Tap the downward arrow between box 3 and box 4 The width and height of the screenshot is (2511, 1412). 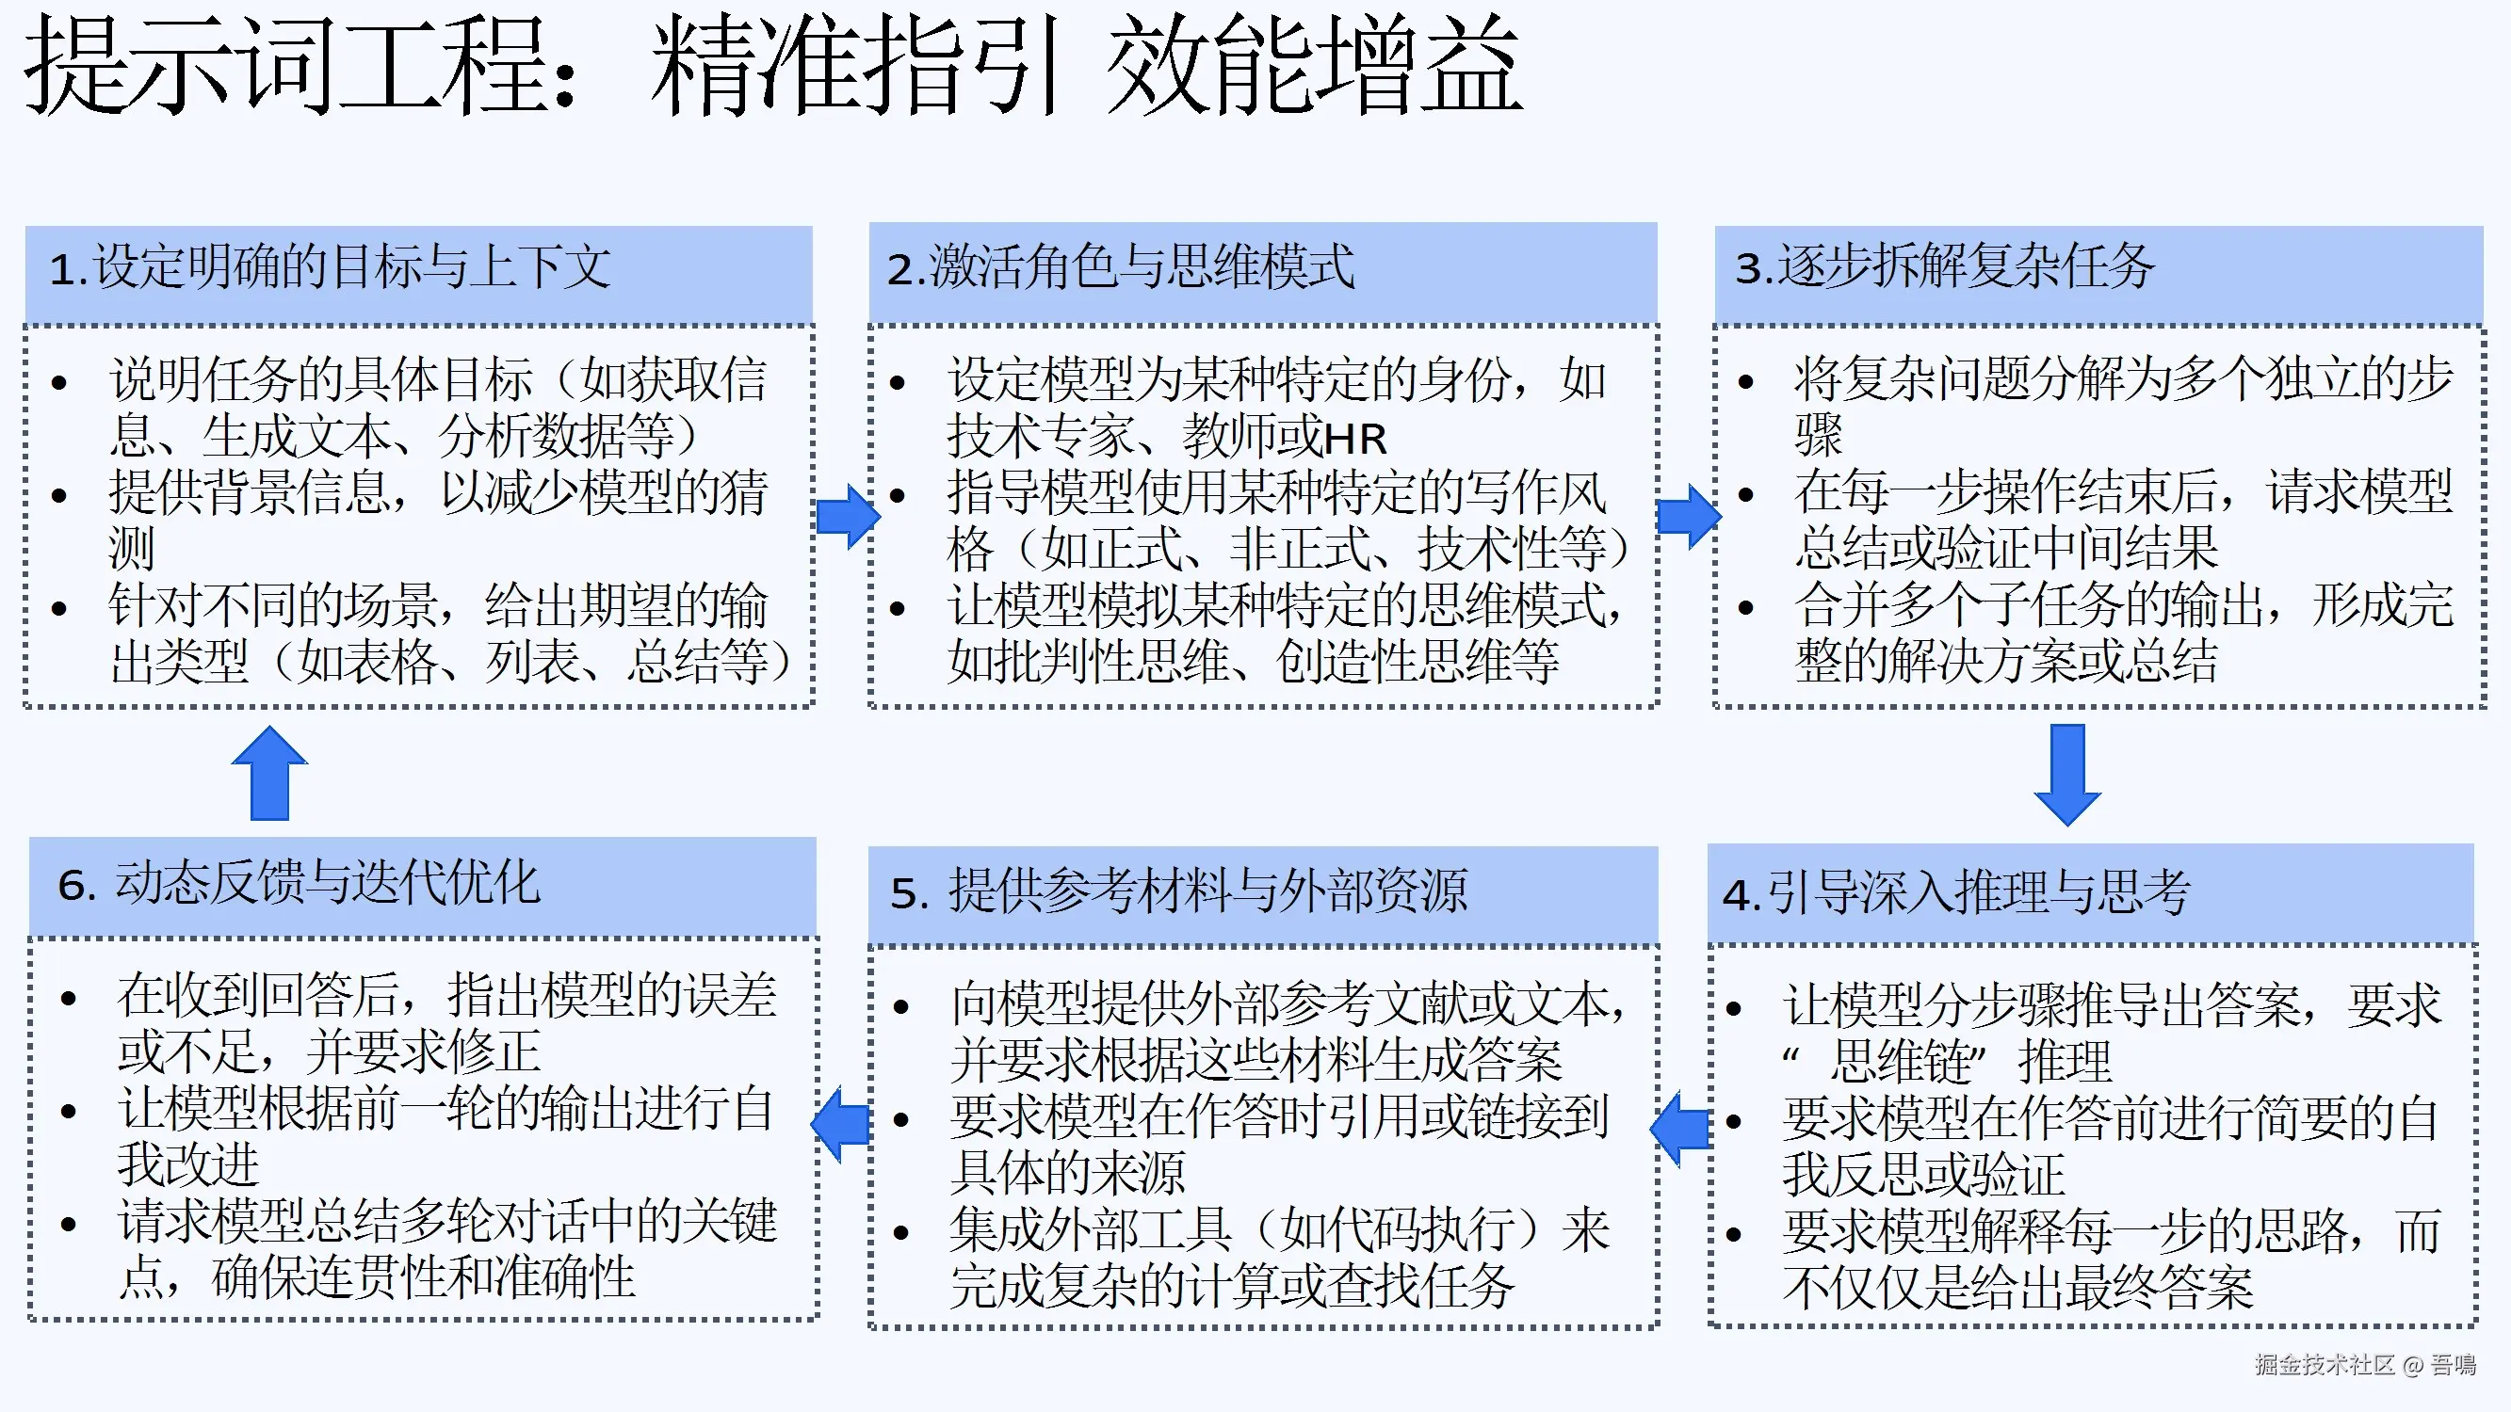point(2066,774)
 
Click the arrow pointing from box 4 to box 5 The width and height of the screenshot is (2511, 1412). point(1680,1129)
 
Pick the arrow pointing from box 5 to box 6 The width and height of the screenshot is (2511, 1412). point(840,1126)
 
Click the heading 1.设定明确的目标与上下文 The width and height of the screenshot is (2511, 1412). point(331,267)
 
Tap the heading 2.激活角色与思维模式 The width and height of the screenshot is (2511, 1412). point(1120,267)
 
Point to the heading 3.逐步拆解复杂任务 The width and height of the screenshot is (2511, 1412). point(1945,267)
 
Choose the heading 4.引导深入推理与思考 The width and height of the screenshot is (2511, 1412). point(1955,891)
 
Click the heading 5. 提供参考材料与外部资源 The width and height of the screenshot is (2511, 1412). point(1178,891)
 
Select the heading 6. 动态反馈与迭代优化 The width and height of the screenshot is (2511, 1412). point(299,883)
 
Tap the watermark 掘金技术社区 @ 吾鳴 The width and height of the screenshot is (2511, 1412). point(2365,1364)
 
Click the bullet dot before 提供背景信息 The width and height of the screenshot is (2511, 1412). point(59,495)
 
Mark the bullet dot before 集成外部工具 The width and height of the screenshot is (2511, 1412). point(900,1234)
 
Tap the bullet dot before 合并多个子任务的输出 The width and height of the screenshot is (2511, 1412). point(1746,608)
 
